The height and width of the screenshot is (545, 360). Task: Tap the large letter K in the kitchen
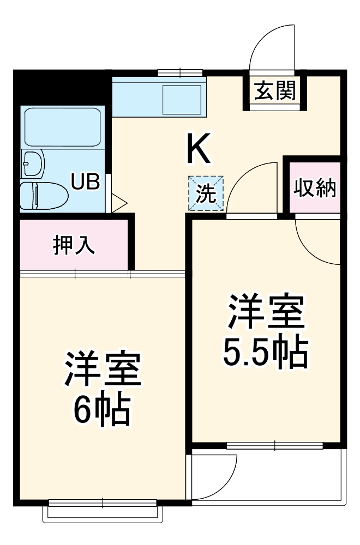(x=199, y=149)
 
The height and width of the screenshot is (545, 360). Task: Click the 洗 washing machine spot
(x=206, y=193)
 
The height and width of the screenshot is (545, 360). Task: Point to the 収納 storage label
(x=315, y=188)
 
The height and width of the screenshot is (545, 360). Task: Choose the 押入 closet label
(x=74, y=245)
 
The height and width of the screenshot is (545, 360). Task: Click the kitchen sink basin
(x=182, y=99)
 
